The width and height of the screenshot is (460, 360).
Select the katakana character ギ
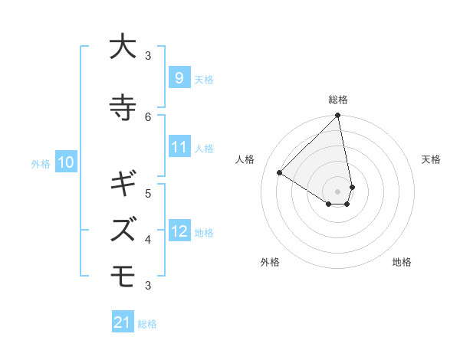(123, 185)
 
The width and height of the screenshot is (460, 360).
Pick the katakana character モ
(123, 273)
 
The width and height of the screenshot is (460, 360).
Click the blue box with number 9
(179, 77)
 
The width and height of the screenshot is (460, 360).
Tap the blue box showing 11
(179, 147)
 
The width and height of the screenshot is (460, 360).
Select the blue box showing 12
(179, 231)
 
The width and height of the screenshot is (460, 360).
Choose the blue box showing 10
(65, 162)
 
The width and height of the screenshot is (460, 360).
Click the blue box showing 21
(123, 322)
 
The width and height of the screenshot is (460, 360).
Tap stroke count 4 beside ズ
(148, 239)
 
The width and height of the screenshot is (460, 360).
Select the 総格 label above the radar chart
(338, 100)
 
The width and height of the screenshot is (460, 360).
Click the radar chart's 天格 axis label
(431, 159)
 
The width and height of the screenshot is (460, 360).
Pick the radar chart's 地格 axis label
(402, 262)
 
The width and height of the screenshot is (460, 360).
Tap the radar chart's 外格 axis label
(270, 262)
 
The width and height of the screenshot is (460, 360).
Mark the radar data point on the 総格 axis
(338, 116)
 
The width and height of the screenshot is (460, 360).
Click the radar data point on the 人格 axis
(280, 172)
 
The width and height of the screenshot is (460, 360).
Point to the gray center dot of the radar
(338, 191)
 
